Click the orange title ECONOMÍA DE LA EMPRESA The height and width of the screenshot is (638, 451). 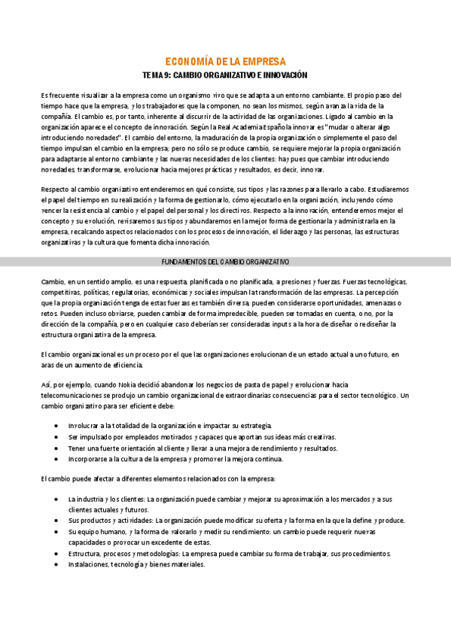(225, 62)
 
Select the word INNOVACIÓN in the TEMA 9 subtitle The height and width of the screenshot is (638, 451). (286, 76)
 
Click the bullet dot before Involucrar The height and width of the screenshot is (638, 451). (58, 426)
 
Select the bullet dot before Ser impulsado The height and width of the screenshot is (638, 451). (58, 436)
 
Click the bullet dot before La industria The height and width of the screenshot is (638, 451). (58, 499)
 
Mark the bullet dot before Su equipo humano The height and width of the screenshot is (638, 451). (58, 530)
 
